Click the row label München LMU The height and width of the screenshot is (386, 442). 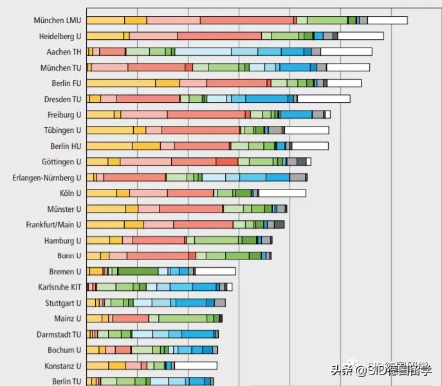coord(57,21)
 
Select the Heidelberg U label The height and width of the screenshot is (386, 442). coord(60,36)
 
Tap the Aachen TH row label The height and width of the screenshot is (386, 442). coord(64,52)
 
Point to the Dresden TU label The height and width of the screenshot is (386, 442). coord(62,99)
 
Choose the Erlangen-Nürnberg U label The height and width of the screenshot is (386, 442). coord(47,178)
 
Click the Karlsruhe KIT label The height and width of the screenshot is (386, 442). coord(60,287)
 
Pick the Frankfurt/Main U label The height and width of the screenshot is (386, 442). coord(53,225)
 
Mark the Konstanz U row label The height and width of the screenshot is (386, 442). coord(62,365)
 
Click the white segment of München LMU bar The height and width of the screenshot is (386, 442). coord(387,21)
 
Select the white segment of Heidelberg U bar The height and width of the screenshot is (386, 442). coord(360,36)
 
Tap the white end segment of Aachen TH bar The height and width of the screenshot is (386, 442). coord(346,51)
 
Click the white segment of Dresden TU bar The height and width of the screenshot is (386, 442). coord(324,99)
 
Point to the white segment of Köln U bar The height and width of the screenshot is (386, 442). coord(282,193)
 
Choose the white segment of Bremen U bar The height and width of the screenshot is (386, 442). coord(216,271)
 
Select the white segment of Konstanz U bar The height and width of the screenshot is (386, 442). coord(196,365)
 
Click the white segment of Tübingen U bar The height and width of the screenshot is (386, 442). coord(306,130)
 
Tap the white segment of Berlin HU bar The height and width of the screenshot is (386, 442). coord(310,146)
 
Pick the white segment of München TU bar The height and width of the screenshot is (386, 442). coord(348,67)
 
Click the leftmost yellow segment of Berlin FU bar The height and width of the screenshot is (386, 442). coord(120,83)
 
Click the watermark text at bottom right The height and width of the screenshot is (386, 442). coord(382,370)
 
